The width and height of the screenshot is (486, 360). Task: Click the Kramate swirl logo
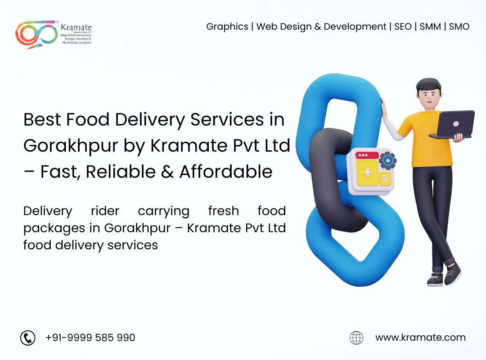pos(36,34)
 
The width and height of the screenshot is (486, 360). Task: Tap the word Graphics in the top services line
pos(227,27)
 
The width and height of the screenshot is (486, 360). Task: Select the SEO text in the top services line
pos(403,27)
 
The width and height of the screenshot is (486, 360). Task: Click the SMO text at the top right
pos(459,27)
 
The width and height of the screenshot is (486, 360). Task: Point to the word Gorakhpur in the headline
pos(71,146)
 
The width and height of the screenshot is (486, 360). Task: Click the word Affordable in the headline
pos(226,171)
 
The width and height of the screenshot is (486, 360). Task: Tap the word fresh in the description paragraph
pos(224,211)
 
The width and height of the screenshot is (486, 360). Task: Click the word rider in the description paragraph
pos(105,211)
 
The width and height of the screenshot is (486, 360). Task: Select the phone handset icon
pos(28,337)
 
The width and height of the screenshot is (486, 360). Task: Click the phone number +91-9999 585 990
pos(90,337)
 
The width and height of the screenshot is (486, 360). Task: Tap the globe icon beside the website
pos(356,337)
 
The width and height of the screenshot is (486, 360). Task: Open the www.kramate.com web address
pos(421,337)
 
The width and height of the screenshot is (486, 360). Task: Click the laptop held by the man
pos(453,125)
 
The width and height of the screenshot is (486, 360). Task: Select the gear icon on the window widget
pos(387,160)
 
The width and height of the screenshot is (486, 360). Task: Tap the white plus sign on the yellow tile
pos(368,172)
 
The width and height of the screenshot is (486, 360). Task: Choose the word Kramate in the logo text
pos(76,27)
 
